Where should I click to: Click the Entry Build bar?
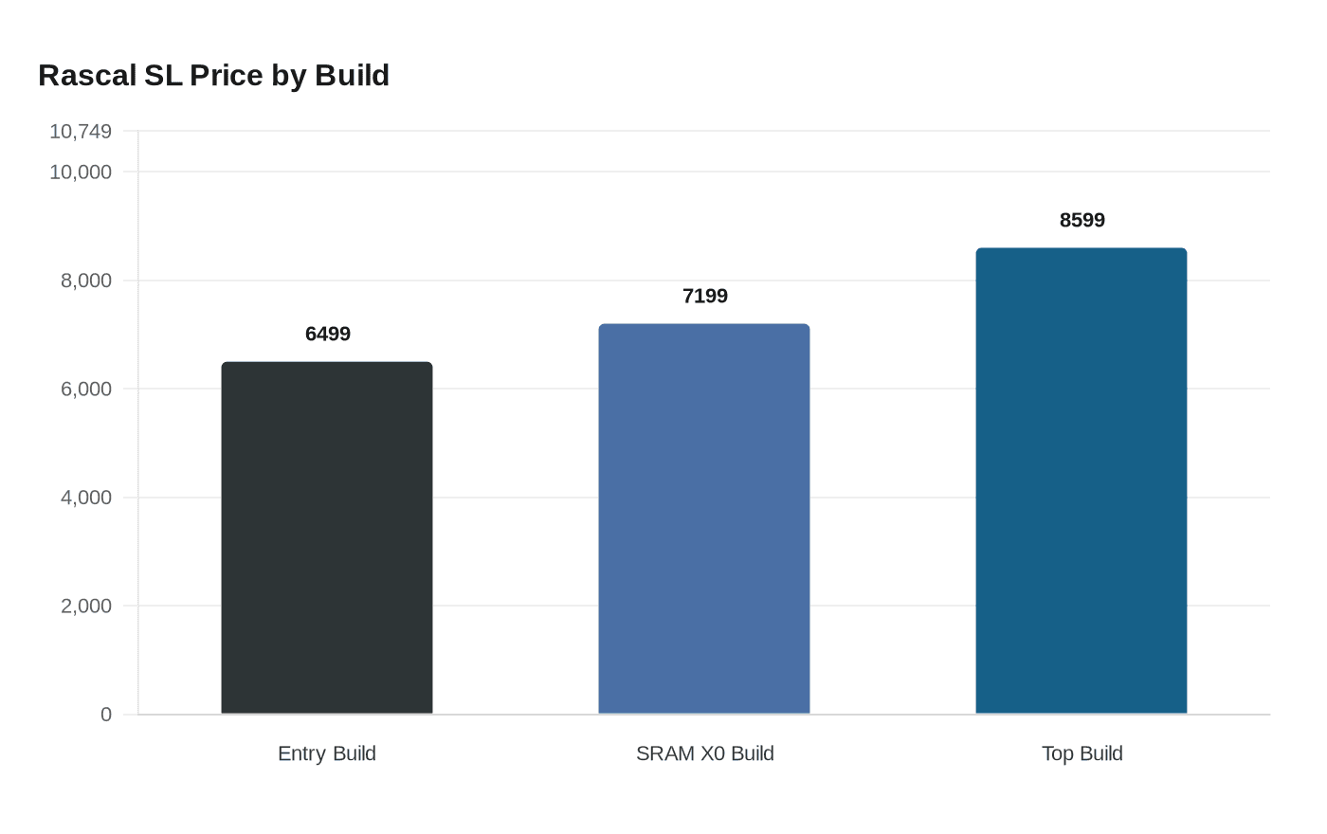[327, 537]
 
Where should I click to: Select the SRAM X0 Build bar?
[704, 518]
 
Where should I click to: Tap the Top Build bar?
[1082, 480]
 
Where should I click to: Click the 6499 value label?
[328, 334]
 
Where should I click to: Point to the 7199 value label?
[705, 296]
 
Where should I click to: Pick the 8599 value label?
[1082, 220]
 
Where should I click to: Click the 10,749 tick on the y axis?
[81, 132]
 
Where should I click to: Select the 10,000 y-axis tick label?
[81, 172]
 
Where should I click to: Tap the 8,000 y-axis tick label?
[86, 281]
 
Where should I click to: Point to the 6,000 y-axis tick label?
[86, 389]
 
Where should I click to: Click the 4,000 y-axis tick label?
[86, 498]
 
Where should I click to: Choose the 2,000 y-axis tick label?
[86, 606]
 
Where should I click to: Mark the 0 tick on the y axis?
[106, 715]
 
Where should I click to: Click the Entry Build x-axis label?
[327, 753]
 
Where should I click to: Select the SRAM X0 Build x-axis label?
[705, 753]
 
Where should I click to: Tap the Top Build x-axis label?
[1082, 753]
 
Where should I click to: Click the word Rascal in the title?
[87, 75]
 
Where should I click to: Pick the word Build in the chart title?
[352, 75]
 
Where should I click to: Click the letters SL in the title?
[163, 75]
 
